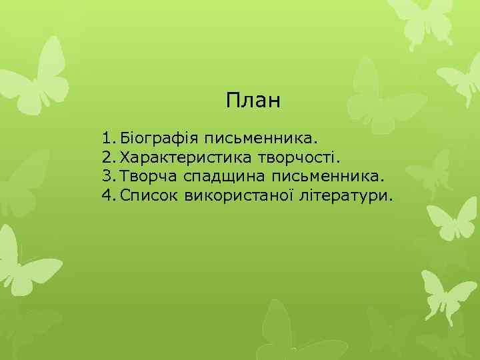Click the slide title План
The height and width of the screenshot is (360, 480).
coord(254,101)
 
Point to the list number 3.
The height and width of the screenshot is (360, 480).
coord(108,177)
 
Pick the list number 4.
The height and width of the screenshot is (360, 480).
coord(108,197)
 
